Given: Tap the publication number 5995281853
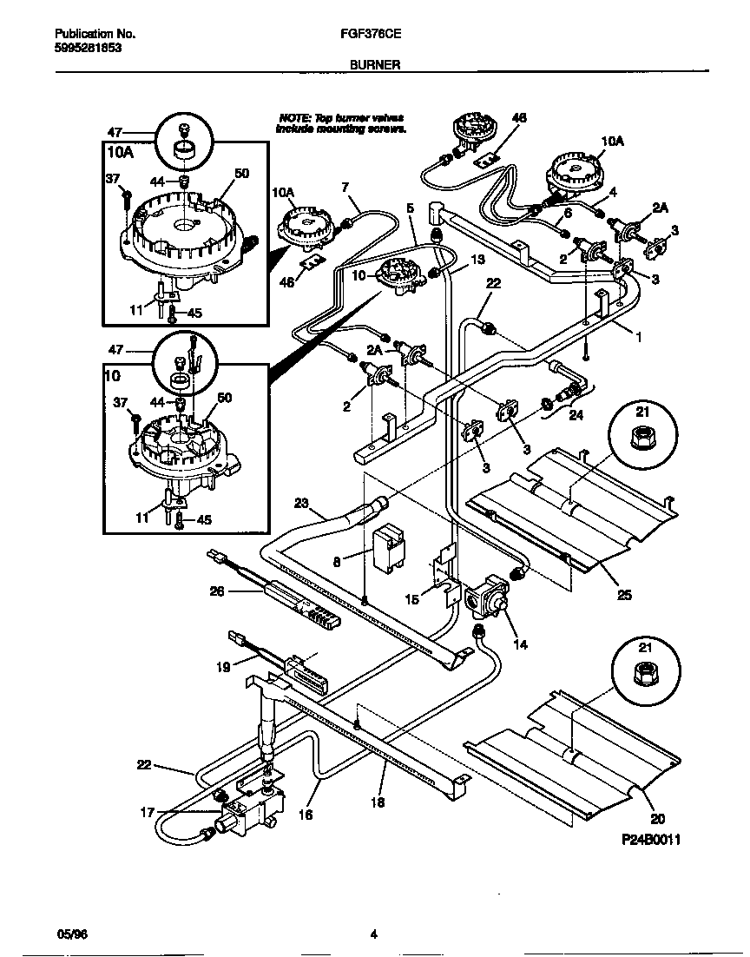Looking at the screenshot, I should coord(87,49).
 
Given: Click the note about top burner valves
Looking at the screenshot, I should coord(340,122).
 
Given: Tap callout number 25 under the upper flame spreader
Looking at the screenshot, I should coord(625,596).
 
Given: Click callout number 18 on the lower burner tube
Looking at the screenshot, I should coord(378,802).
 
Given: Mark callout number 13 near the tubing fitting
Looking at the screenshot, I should coord(477,259).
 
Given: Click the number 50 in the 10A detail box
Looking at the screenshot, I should coord(241,174).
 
